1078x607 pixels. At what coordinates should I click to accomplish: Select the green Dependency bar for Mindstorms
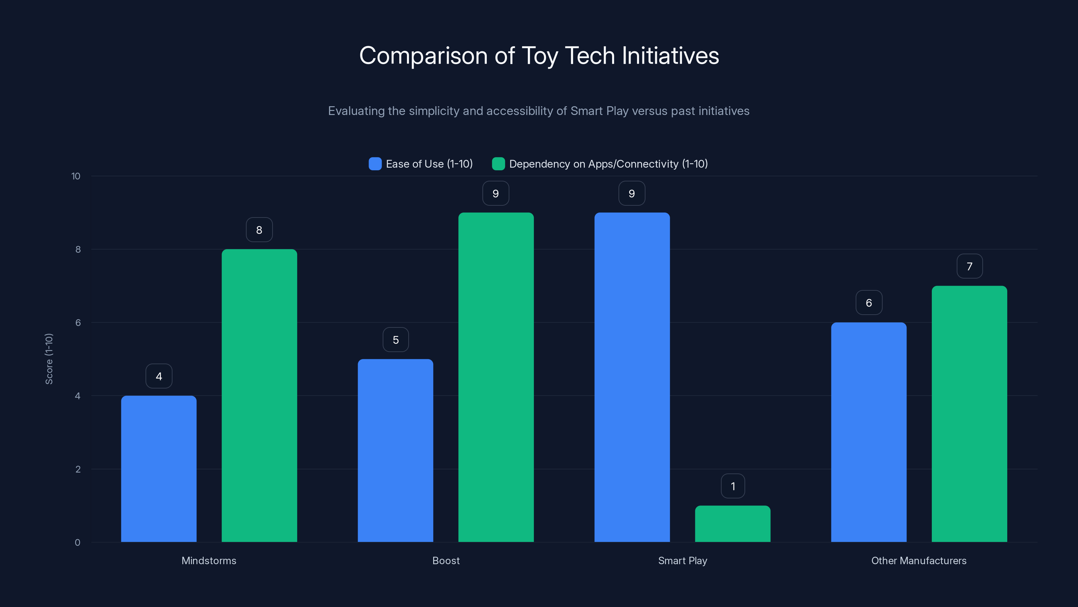pos(259,396)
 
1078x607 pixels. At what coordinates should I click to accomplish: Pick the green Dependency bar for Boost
pos(496,377)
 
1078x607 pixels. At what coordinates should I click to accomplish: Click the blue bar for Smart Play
pos(632,377)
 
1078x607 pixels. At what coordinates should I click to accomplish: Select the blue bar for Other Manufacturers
pos(869,432)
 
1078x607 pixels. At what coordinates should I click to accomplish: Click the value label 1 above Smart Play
pos(733,486)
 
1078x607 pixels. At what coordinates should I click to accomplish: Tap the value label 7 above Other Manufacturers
pos(970,266)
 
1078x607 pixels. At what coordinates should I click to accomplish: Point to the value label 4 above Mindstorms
pos(159,376)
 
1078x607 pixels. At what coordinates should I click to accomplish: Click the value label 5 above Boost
pos(395,340)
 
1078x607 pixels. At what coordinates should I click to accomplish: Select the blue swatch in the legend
pos(375,164)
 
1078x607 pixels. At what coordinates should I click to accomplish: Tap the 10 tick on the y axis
pos(76,176)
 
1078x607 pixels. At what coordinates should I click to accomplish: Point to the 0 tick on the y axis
pos(77,543)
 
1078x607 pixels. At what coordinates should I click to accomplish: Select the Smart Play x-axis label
pos(683,560)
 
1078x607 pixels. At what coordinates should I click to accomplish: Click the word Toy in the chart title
pos(539,56)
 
